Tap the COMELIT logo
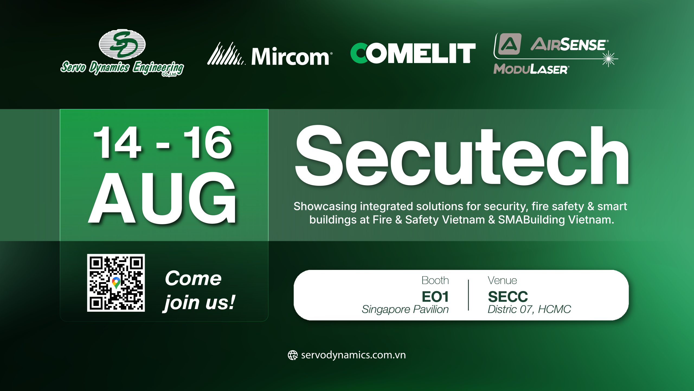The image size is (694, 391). pyautogui.click(x=413, y=53)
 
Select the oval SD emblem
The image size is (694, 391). pyautogui.click(x=122, y=44)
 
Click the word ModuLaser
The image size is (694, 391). pyautogui.click(x=531, y=69)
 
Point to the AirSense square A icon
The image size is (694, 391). pyautogui.click(x=509, y=44)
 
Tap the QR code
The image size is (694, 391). pyautogui.click(x=116, y=283)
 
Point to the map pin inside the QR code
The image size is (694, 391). pyautogui.click(x=116, y=282)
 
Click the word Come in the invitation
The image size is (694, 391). pyautogui.click(x=193, y=278)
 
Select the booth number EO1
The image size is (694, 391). pyautogui.click(x=435, y=297)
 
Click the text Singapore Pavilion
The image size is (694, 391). pyautogui.click(x=405, y=309)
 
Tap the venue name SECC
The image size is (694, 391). pyautogui.click(x=508, y=297)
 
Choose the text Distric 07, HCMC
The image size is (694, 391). pyautogui.click(x=529, y=309)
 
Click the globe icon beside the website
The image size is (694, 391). pyautogui.click(x=293, y=355)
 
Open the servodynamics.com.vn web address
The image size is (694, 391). pyautogui.click(x=353, y=355)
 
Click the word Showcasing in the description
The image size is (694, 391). pyautogui.click(x=325, y=206)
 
